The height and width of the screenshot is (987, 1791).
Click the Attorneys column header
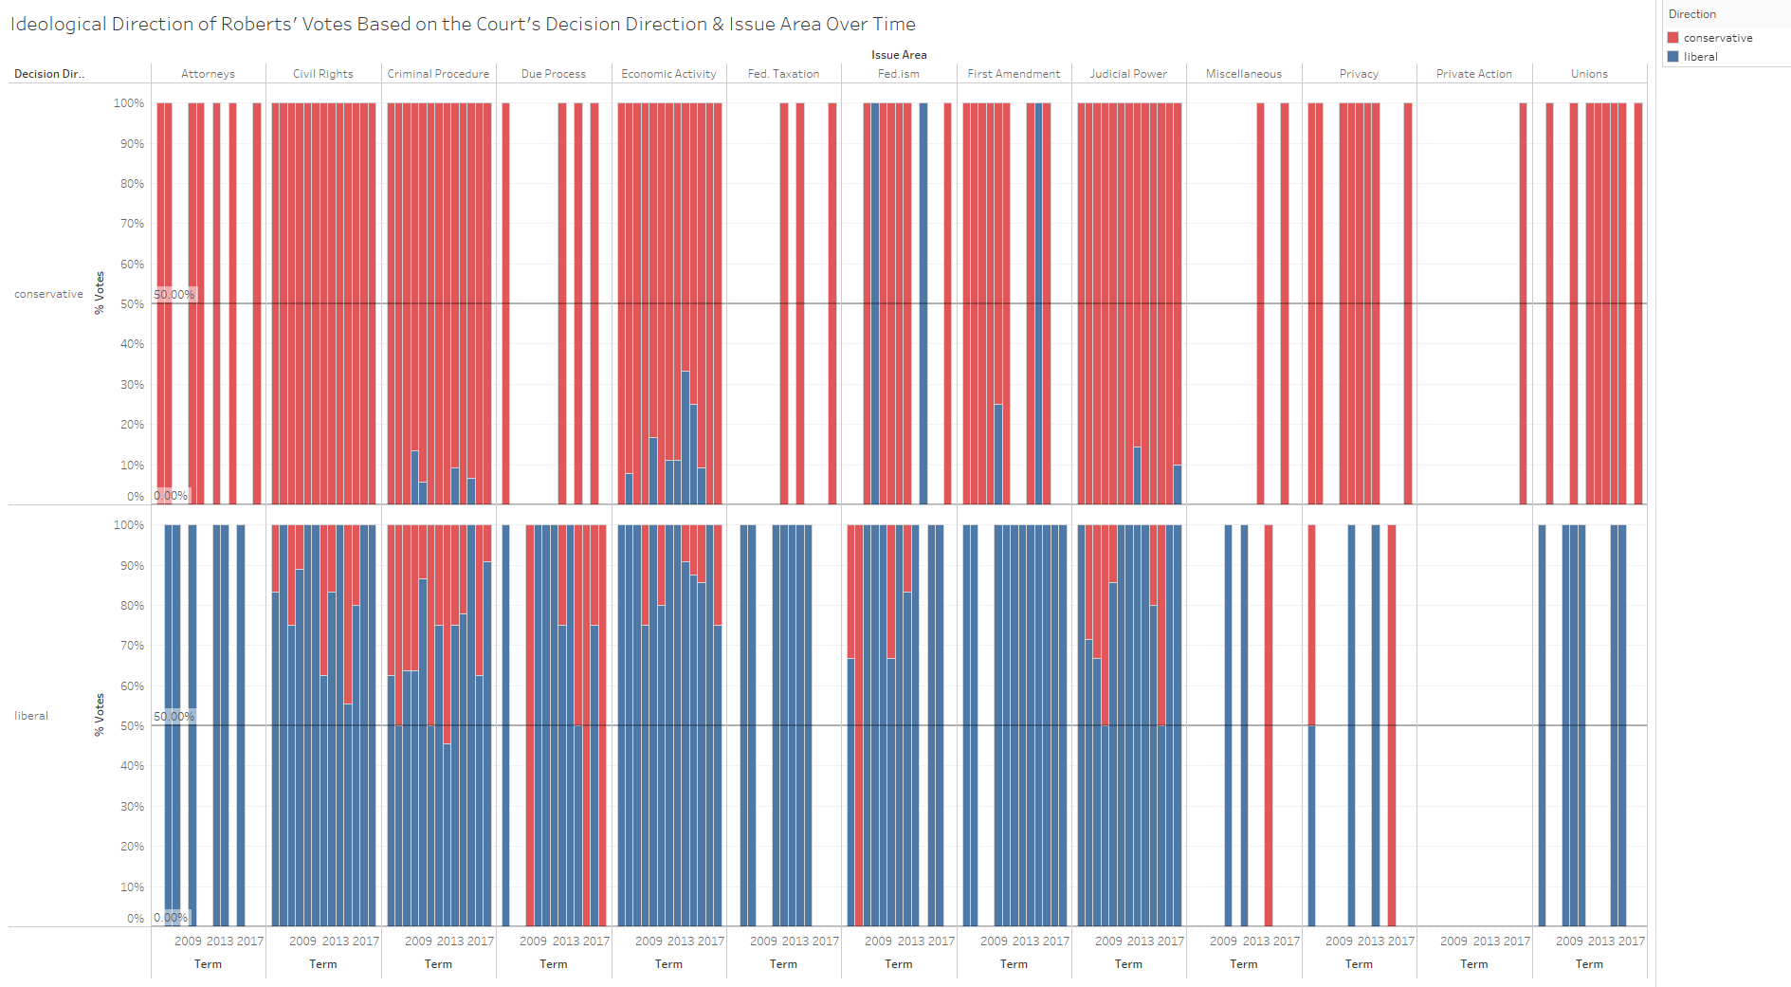208,74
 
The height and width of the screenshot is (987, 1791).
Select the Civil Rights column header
322,74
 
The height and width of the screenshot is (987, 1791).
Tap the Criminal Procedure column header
438,74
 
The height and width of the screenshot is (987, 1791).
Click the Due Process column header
554,74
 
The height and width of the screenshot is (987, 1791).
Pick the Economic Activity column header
668,74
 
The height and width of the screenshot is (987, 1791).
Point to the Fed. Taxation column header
783,74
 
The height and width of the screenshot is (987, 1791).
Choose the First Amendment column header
1014,74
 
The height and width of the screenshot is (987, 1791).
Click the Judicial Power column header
1128,74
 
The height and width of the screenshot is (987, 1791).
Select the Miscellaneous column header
1244,74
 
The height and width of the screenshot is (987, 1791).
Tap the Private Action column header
1473,74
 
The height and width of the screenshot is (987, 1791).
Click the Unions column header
1589,74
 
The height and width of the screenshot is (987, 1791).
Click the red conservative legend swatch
1673,38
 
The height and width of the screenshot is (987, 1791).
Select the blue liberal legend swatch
1673,57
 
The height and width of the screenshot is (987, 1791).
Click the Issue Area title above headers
899,55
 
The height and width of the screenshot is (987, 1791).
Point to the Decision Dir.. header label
49,74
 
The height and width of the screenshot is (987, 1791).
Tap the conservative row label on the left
48,295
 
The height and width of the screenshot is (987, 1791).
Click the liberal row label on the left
31,717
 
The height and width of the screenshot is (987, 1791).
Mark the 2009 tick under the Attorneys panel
188,941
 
